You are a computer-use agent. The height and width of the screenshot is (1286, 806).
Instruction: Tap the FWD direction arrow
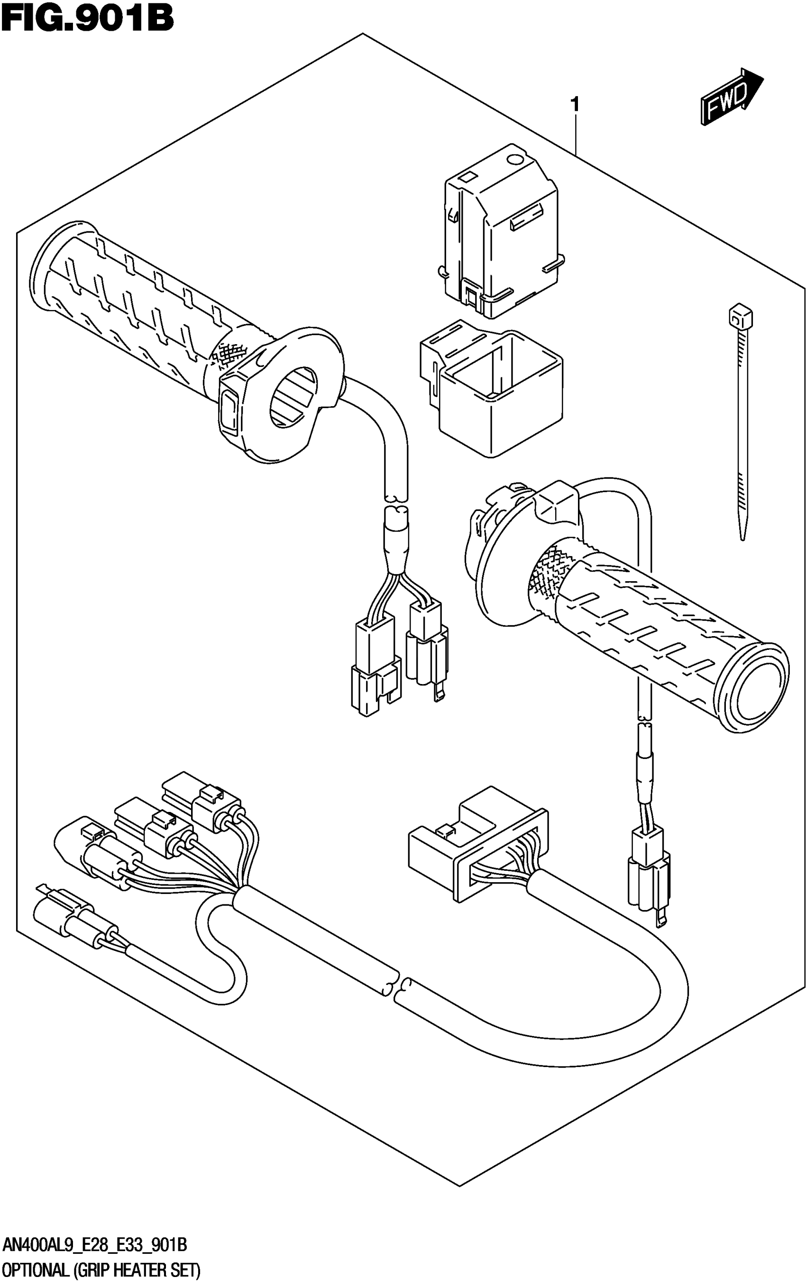732,97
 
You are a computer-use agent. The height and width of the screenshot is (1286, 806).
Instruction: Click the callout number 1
575,104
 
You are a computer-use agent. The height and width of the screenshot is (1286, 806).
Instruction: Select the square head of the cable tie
740,318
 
